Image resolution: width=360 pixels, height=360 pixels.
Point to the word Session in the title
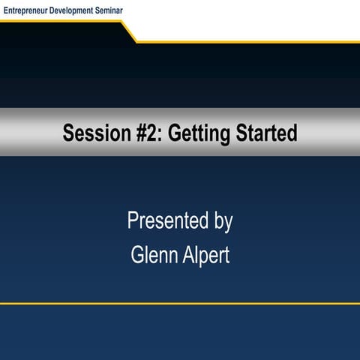87,133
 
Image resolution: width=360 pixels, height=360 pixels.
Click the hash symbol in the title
121,133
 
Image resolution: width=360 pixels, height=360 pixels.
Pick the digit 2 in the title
133,133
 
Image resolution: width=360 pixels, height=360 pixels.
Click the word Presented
165,222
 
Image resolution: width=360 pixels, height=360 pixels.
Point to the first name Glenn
154,256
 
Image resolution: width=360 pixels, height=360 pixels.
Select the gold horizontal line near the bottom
180,304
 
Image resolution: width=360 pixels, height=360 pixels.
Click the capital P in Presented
133,222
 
